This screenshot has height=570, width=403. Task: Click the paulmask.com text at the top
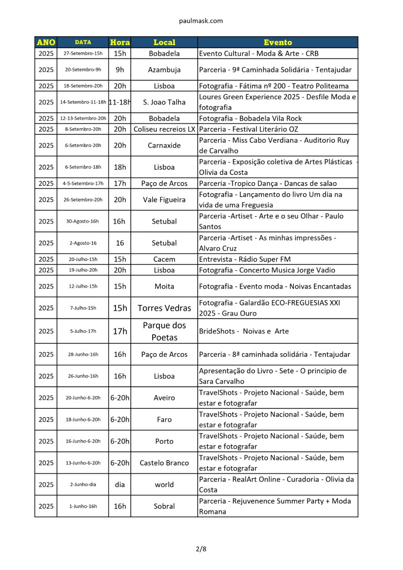tap(201, 21)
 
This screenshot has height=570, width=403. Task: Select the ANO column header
tap(46, 42)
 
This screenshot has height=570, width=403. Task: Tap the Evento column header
tap(278, 42)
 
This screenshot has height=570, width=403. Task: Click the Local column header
tap(164, 42)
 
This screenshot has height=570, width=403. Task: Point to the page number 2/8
tap(201, 549)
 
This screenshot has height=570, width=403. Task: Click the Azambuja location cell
tap(164, 69)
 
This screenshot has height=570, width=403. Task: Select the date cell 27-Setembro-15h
tap(83, 54)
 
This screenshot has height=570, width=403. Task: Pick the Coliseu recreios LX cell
tap(164, 129)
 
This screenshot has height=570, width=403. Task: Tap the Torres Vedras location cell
tap(164, 308)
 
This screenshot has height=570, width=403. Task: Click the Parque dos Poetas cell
tap(164, 331)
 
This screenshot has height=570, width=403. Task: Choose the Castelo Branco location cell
tap(164, 463)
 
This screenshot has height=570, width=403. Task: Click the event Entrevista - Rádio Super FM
tap(245, 259)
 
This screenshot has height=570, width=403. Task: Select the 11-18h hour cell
tap(120, 102)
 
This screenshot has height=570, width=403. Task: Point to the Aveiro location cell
tap(164, 398)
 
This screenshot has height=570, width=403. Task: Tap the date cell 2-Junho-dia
tap(83, 484)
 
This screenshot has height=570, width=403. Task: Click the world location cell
tap(164, 484)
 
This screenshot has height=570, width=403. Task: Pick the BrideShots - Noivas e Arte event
tap(243, 331)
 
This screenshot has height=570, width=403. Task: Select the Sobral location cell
tap(164, 506)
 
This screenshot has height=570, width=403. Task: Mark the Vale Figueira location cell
tap(164, 199)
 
